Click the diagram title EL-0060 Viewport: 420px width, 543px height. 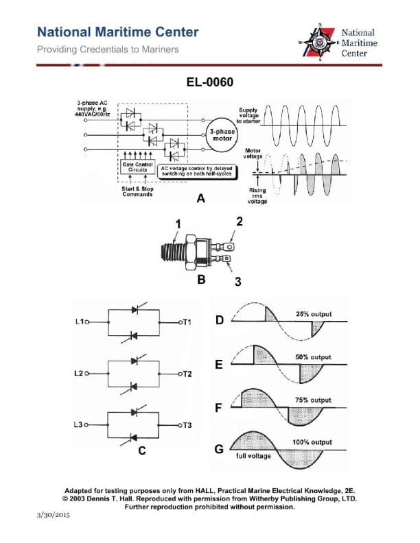tap(210, 83)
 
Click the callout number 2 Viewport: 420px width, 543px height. tap(240, 221)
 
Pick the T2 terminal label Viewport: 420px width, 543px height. tap(186, 374)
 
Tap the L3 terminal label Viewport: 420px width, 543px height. tap(79, 425)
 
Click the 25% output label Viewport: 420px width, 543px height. tap(313, 315)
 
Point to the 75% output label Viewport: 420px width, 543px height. tap(313, 400)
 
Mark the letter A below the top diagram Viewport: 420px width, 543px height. tap(200, 199)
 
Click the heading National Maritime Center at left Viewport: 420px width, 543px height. tap(117, 32)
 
